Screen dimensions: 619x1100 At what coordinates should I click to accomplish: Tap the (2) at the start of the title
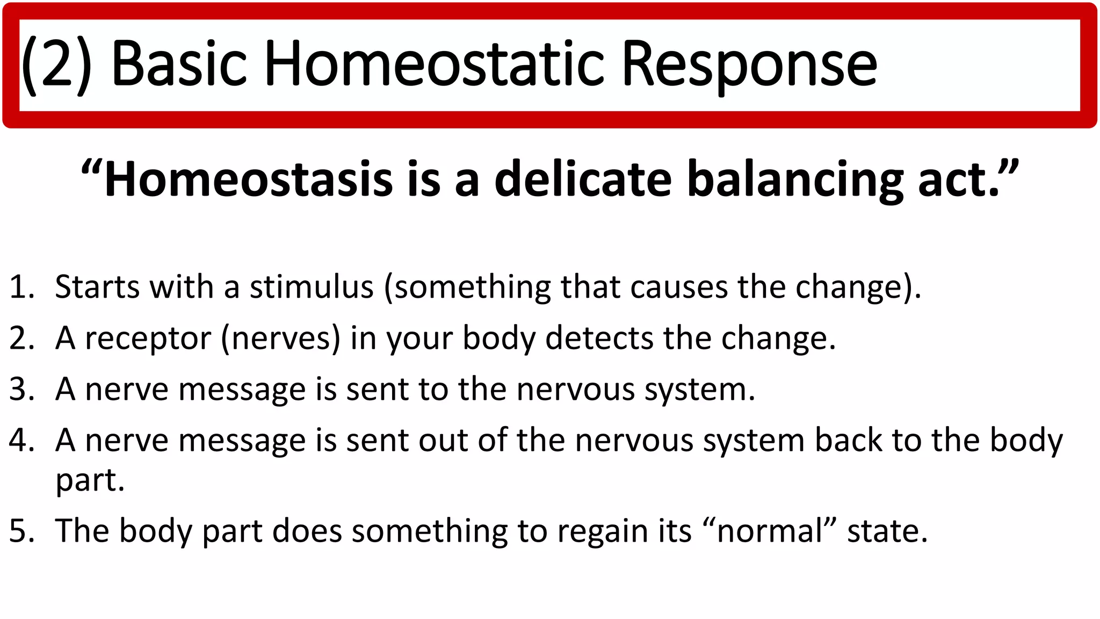56,64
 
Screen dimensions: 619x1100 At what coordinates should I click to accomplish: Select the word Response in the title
749,64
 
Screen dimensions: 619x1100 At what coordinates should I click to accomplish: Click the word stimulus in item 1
312,287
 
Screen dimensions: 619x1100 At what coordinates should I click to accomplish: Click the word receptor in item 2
148,339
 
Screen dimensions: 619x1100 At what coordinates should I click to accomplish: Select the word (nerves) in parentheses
281,339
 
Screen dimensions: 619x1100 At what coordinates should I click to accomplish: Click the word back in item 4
848,441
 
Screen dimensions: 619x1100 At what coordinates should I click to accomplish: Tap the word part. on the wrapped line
90,480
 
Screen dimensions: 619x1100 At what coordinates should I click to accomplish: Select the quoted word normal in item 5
770,531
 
